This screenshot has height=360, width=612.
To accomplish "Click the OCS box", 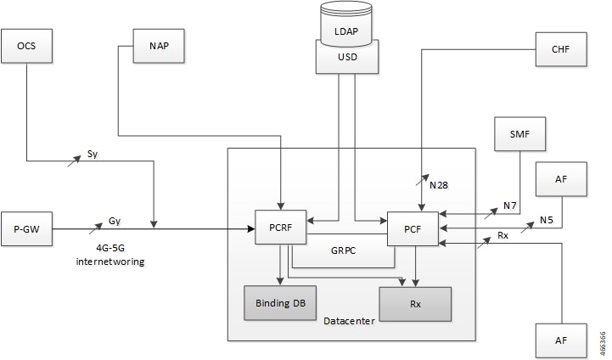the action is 26,46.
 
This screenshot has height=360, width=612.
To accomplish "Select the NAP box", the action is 159,46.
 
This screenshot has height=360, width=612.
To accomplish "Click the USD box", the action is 347,57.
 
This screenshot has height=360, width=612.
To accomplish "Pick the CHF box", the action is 561,49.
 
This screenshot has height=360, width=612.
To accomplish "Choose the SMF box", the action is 519,134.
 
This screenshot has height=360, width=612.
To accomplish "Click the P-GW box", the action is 26,228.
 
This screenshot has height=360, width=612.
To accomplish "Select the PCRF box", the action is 281,228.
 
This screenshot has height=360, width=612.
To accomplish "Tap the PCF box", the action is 413,228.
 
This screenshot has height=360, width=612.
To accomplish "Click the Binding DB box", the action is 280,303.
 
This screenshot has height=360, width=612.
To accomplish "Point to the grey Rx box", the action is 415,304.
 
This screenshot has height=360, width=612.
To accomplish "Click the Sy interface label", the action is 93,154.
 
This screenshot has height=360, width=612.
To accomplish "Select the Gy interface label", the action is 115,221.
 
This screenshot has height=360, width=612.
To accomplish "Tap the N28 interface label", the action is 439,185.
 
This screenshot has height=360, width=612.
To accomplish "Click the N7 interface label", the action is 510,205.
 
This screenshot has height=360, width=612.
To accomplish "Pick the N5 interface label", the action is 547,220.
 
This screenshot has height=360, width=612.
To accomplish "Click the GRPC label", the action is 344,250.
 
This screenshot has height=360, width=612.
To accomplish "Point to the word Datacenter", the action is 350,321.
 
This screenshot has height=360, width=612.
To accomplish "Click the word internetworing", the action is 110,262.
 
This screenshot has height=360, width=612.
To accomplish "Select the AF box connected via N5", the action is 561,179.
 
